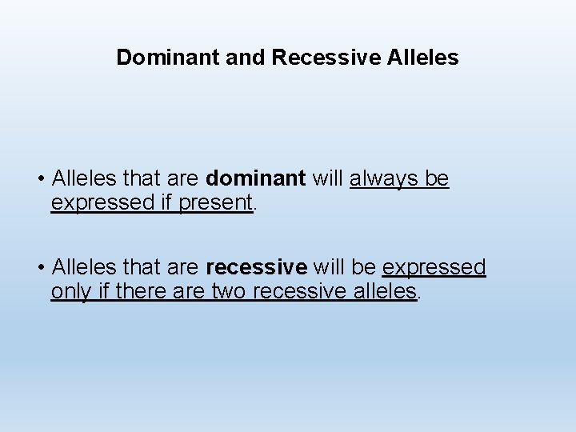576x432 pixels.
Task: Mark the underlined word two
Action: [x=229, y=291]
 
